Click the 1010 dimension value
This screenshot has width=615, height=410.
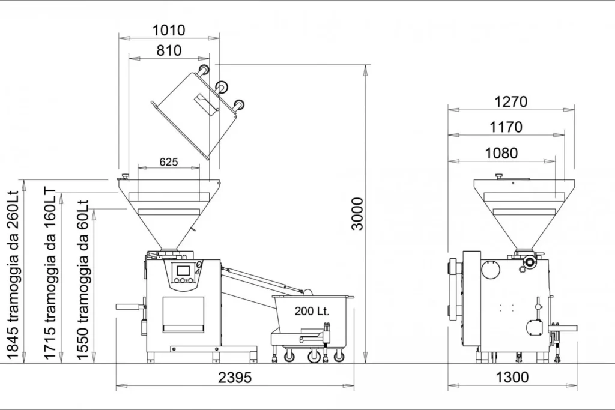point(169,30)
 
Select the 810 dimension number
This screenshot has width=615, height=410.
point(169,51)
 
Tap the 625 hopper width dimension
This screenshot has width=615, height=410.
point(169,162)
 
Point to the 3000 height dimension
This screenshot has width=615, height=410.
point(357,214)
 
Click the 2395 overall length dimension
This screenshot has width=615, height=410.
point(235,378)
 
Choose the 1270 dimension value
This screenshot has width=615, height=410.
point(510,102)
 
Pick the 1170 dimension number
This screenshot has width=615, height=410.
point(506,127)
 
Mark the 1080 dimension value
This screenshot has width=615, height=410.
point(501,153)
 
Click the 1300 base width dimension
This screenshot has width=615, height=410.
point(512,378)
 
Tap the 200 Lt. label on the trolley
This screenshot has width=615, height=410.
point(312,311)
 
